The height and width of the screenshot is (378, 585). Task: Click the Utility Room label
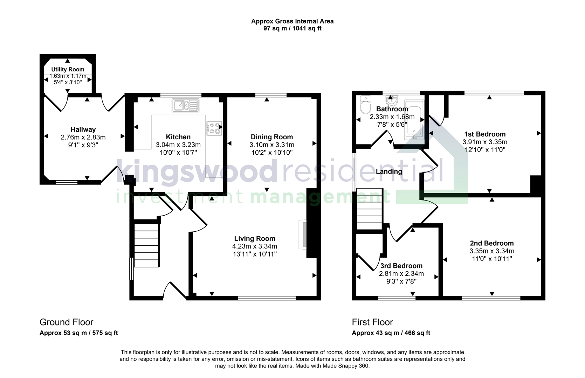coord(68,69)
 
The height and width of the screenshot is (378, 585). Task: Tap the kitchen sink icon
coord(185,105)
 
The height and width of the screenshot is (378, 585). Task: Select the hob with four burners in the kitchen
coord(214,128)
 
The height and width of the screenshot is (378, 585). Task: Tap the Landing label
coord(389,171)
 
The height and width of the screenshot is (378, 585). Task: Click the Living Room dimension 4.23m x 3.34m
coord(255,246)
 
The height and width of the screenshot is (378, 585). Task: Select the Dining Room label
coord(271,137)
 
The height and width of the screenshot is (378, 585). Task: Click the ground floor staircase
coord(147,245)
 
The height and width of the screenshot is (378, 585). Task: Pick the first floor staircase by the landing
coord(370,209)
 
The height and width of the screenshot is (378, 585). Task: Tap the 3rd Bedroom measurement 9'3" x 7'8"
coord(401,281)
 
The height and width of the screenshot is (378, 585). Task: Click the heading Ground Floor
coord(67,322)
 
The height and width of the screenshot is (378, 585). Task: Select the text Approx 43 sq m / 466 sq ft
coord(391,333)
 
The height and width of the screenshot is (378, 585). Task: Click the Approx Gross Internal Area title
coord(292,21)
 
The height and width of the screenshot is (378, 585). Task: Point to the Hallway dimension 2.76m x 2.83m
coord(83,137)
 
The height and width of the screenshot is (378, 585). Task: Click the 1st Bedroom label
coord(485,134)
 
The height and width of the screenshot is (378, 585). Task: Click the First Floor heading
coord(372,322)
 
